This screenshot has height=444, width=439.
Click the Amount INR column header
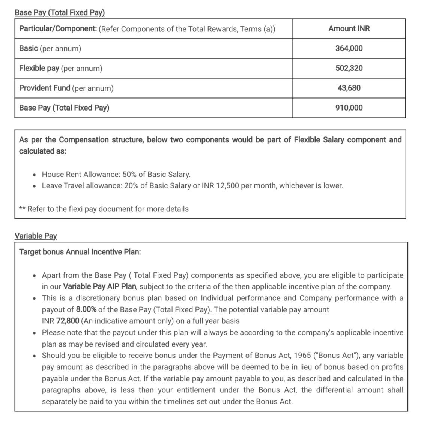349,29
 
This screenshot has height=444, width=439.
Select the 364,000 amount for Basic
349,48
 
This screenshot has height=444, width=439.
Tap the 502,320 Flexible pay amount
349,68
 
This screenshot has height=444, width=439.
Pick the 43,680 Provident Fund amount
349,88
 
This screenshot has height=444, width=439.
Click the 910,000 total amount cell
349,108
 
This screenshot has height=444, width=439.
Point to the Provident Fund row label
66,88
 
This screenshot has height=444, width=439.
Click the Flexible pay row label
60,68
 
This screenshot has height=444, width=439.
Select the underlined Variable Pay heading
36,236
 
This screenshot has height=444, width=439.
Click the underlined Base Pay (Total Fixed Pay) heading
60,13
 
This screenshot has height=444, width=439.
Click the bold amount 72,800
68,321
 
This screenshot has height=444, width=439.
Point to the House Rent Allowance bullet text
116,174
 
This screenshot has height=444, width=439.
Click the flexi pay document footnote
104,209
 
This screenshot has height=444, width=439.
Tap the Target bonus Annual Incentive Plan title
80,252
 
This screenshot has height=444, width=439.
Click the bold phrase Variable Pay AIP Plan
99,287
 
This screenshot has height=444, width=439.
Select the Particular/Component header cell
147,29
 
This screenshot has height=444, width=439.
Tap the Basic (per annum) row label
50,48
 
